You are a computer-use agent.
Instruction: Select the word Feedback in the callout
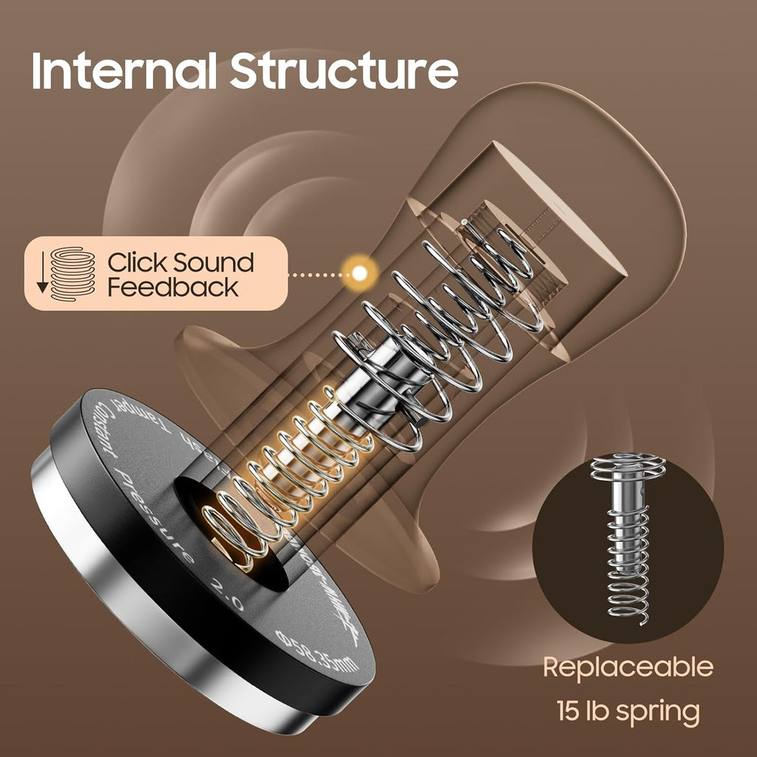click(x=172, y=287)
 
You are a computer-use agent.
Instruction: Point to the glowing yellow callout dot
click(x=360, y=274)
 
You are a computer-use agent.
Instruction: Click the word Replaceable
click(x=628, y=667)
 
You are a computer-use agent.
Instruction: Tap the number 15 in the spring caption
click(x=571, y=711)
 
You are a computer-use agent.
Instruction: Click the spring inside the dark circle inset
click(x=628, y=547)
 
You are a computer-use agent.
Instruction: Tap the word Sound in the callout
click(x=214, y=262)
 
